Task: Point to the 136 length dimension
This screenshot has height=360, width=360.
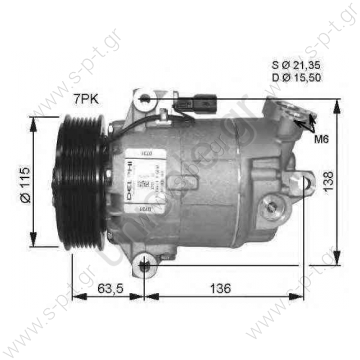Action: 220,288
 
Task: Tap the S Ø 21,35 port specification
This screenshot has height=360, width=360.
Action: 296,65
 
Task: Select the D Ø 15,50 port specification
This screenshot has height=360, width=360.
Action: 296,77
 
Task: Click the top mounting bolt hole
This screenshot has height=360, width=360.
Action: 145,98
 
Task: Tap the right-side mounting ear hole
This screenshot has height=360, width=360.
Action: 306,181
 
